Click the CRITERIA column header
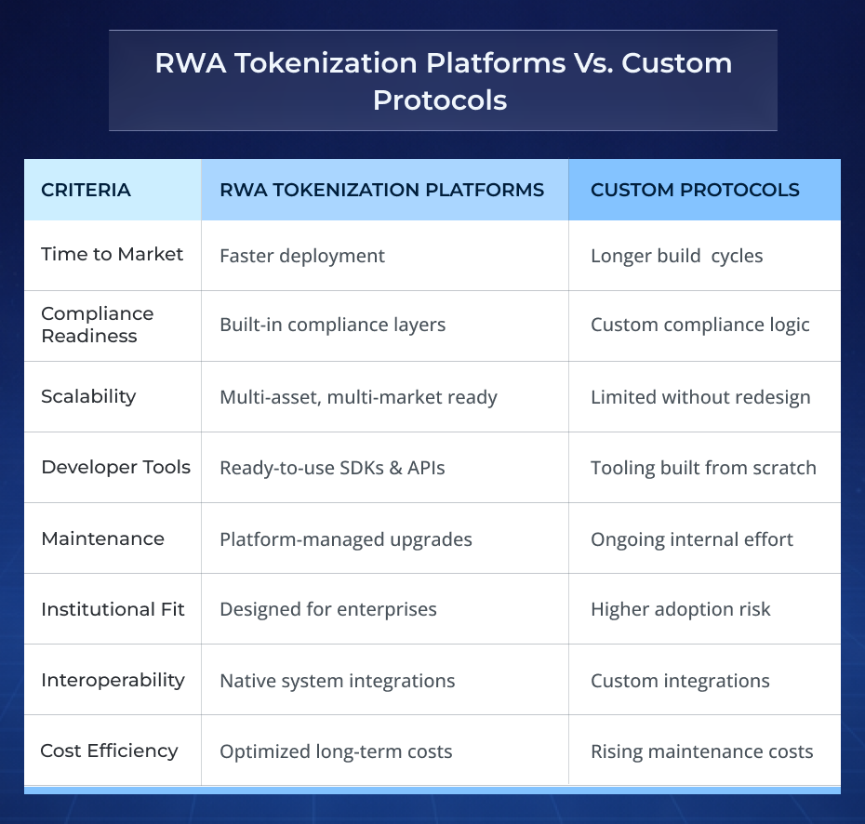(86, 190)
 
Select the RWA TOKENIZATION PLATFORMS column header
(381, 190)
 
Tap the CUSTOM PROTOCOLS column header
(695, 190)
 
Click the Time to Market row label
(112, 255)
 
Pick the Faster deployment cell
(302, 256)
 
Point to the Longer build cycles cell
(676, 256)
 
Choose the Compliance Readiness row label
(98, 325)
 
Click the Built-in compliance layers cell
(332, 325)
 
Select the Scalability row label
(88, 396)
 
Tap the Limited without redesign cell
(700, 397)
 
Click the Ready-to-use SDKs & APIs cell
(332, 468)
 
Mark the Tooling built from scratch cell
(703, 468)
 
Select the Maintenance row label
(102, 538)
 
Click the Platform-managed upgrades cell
(345, 539)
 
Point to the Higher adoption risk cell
(680, 610)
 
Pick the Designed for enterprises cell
(327, 610)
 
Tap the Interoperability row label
(113, 680)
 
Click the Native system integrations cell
(337, 681)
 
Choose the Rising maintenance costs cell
(701, 751)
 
